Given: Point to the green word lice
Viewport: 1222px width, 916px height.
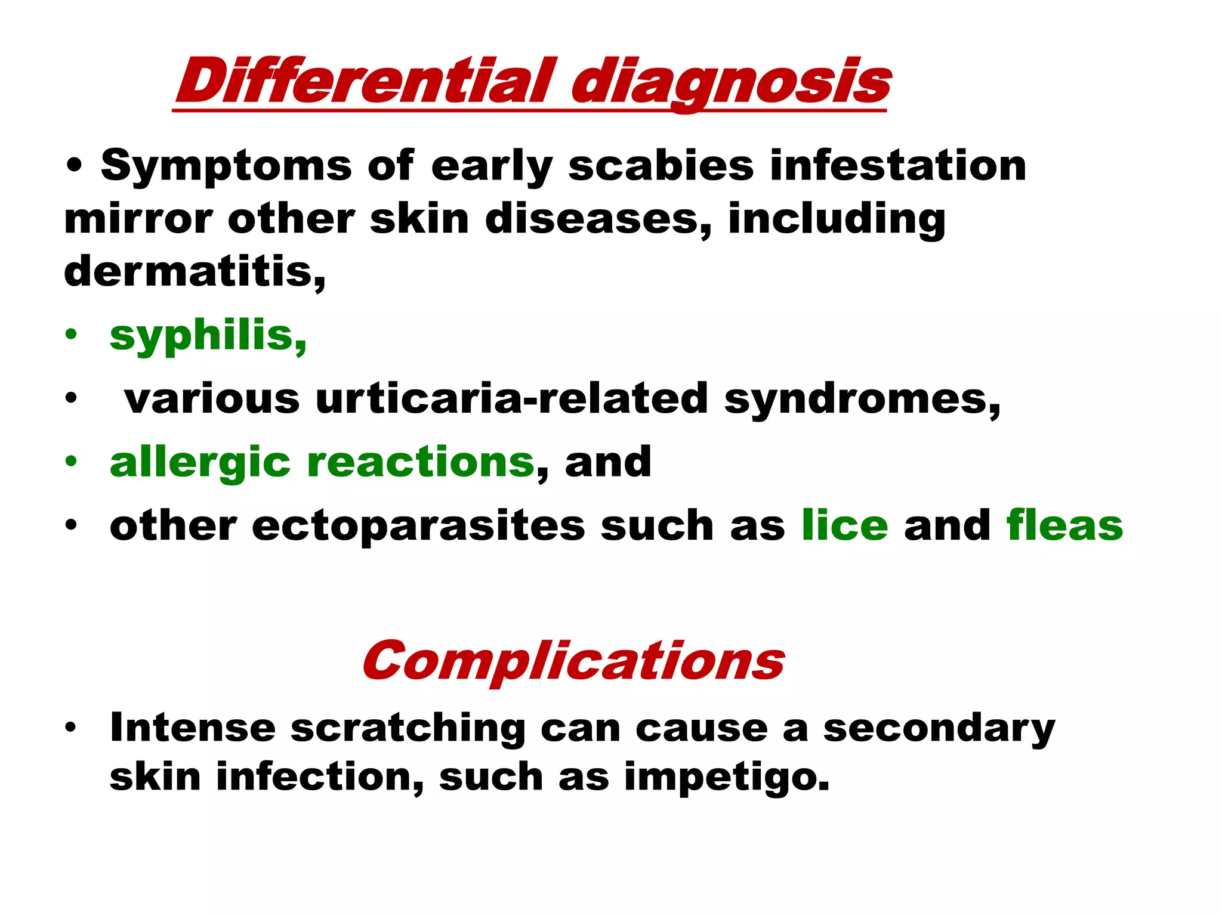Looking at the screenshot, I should tap(844, 525).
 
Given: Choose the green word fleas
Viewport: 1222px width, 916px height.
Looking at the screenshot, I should tap(1064, 525).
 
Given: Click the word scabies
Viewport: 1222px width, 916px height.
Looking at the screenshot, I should tap(661, 165).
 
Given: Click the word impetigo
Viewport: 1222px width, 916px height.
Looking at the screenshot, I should tap(726, 778).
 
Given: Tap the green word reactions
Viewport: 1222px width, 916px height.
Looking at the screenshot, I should tap(421, 462).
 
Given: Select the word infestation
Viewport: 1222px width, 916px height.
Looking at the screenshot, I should tap(898, 165).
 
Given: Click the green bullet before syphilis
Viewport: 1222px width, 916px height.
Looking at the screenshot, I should tap(72, 335).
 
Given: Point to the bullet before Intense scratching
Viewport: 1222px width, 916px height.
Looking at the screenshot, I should tap(72, 727).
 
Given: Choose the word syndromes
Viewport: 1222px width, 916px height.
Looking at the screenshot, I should tap(862, 399).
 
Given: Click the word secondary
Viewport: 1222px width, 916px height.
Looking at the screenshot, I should tap(939, 729).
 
